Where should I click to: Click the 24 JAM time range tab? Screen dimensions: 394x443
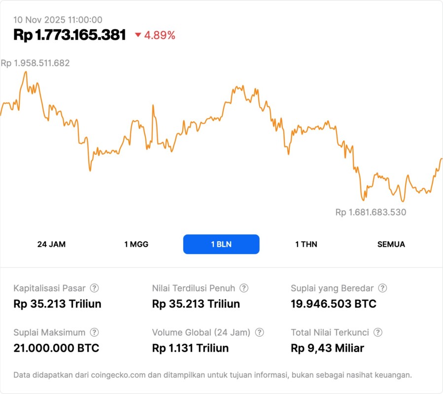tap(51, 244)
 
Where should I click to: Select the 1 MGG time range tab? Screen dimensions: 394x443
tap(136, 244)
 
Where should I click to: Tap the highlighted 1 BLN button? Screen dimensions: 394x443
tap(221, 244)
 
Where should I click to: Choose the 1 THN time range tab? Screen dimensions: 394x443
tap(306, 244)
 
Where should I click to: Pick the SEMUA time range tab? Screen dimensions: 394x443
tap(391, 244)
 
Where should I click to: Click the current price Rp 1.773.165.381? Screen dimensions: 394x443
tap(69, 35)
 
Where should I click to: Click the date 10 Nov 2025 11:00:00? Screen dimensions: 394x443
tap(58, 20)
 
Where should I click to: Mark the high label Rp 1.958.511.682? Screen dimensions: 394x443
tap(35, 63)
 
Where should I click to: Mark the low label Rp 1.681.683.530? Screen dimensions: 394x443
tap(371, 212)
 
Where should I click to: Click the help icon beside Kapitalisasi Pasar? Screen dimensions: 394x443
tap(94, 288)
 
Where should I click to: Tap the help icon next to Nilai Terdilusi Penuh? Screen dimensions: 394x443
tap(244, 288)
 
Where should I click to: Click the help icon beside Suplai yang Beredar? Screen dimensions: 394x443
tap(382, 288)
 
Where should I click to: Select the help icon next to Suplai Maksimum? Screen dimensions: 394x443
tap(94, 332)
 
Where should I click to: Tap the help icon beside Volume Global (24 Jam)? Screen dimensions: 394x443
tap(260, 332)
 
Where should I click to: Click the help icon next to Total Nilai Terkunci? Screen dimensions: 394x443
tap(378, 332)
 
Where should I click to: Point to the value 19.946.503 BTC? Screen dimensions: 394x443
tap(334, 304)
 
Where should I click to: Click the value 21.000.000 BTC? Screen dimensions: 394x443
tap(56, 348)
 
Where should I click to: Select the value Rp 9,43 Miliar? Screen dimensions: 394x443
tap(327, 348)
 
